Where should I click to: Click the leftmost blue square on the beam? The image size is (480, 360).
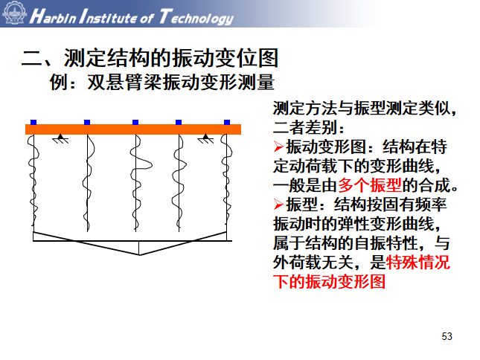33,122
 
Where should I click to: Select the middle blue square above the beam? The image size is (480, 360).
135,122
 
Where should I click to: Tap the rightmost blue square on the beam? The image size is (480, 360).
227,122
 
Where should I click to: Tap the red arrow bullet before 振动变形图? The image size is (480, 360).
279,147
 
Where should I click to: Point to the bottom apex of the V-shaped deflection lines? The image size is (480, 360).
139,254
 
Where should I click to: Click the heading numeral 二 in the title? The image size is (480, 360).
30,58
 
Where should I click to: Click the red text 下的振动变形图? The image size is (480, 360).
330,282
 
